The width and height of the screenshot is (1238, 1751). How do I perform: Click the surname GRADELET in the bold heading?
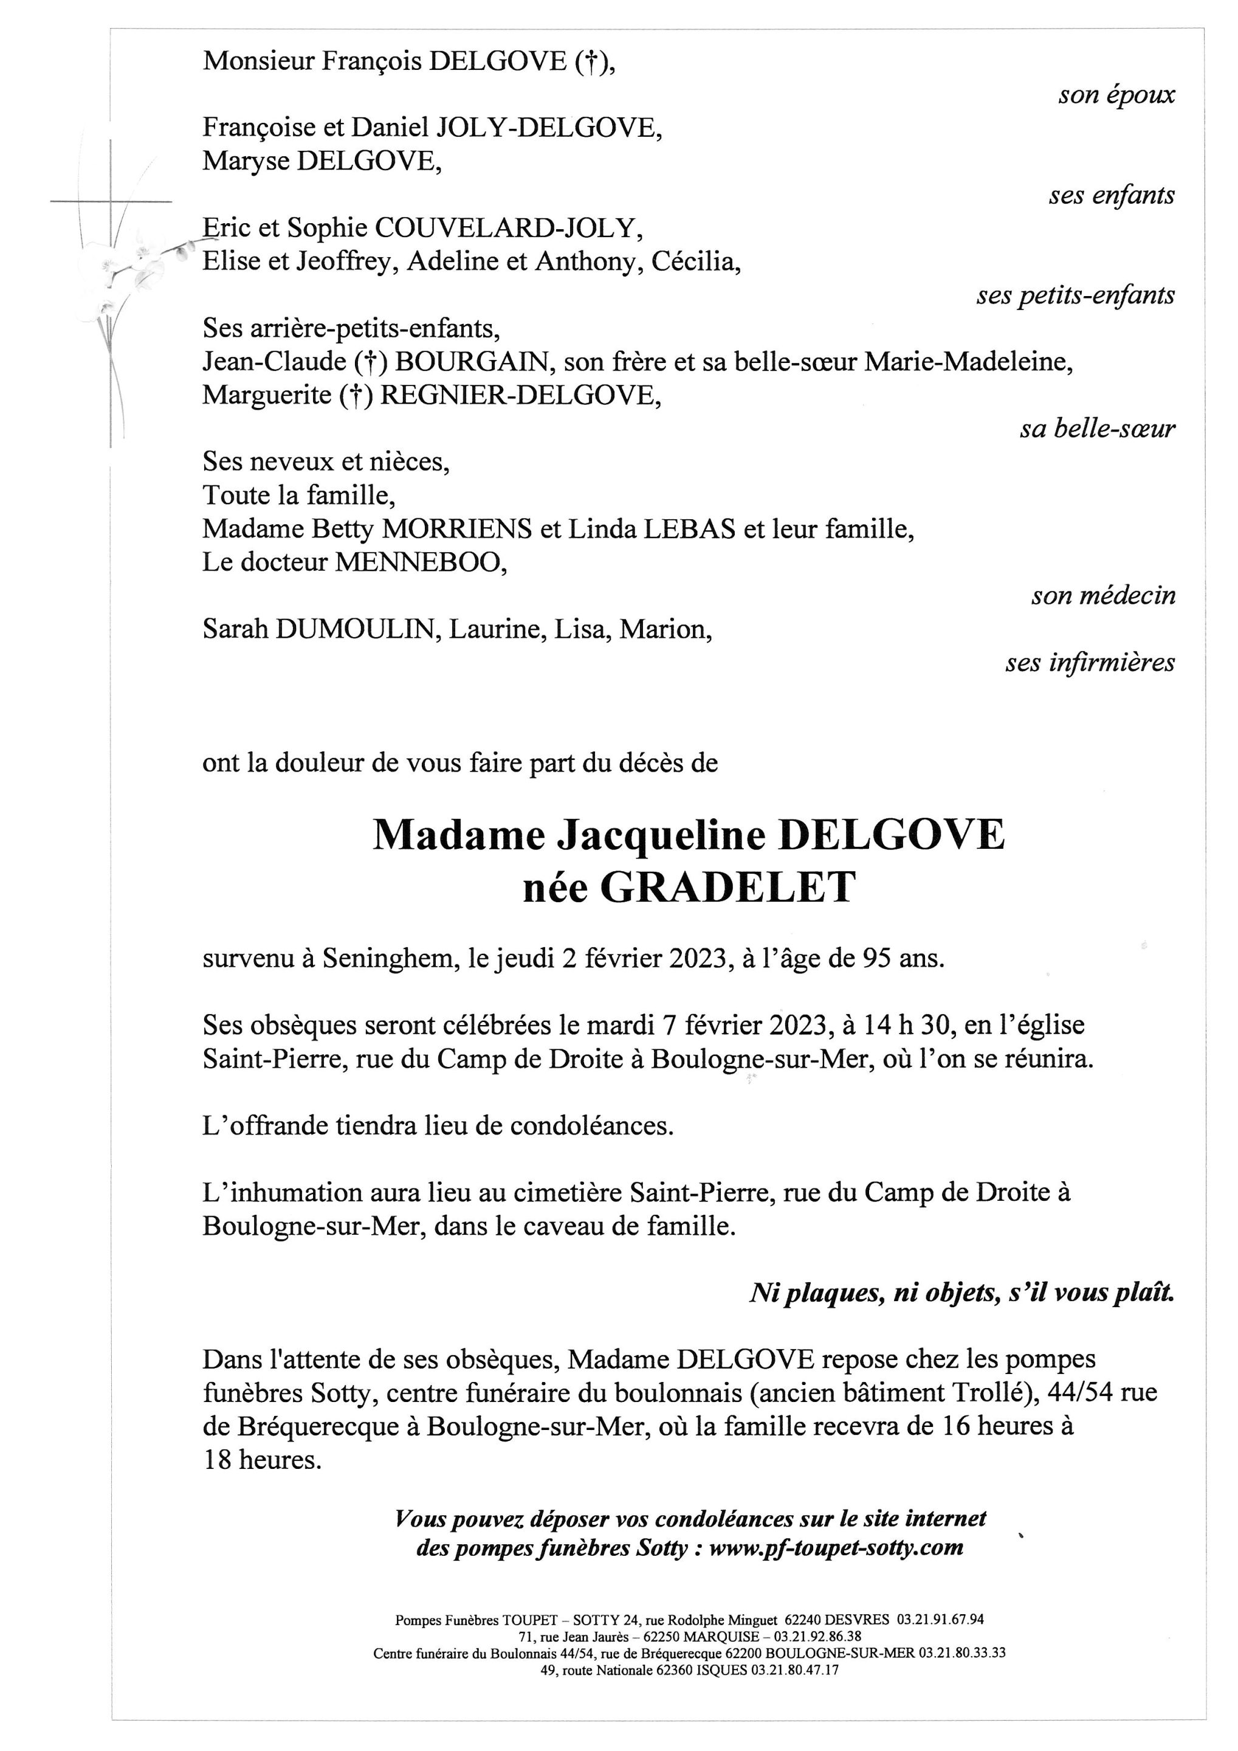(727, 888)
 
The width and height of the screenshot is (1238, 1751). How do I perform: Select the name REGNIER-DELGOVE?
(518, 395)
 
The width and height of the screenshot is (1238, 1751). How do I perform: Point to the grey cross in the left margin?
(111, 201)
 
